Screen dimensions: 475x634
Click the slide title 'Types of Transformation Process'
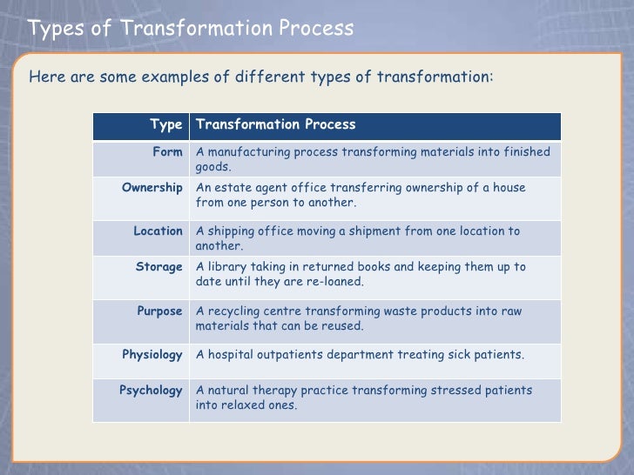point(191,29)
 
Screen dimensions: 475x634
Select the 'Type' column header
point(165,124)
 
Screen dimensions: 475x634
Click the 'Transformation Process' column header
point(276,124)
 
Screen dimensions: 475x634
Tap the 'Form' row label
point(167,152)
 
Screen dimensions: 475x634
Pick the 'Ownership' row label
point(152,188)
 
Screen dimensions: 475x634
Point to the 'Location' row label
point(158,231)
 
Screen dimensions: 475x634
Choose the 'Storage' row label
point(159,267)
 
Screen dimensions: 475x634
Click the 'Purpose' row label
point(160,311)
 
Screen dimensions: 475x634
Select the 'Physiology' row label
point(152,355)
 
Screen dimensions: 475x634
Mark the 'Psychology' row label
point(151,391)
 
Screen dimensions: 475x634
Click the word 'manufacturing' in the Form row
point(246,152)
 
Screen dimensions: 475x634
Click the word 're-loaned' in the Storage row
point(335,282)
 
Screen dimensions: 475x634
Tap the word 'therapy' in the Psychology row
point(280,391)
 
